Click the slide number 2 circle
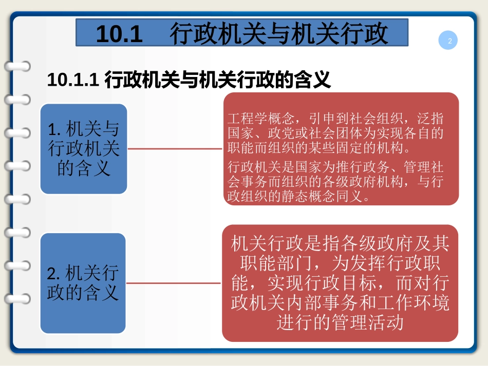coord(449,41)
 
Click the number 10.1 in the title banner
coord(118,34)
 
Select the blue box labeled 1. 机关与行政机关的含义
coord(84,149)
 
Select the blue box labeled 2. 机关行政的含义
coord(83,283)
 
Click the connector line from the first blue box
coord(175,149)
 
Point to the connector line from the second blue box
coord(174,283)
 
